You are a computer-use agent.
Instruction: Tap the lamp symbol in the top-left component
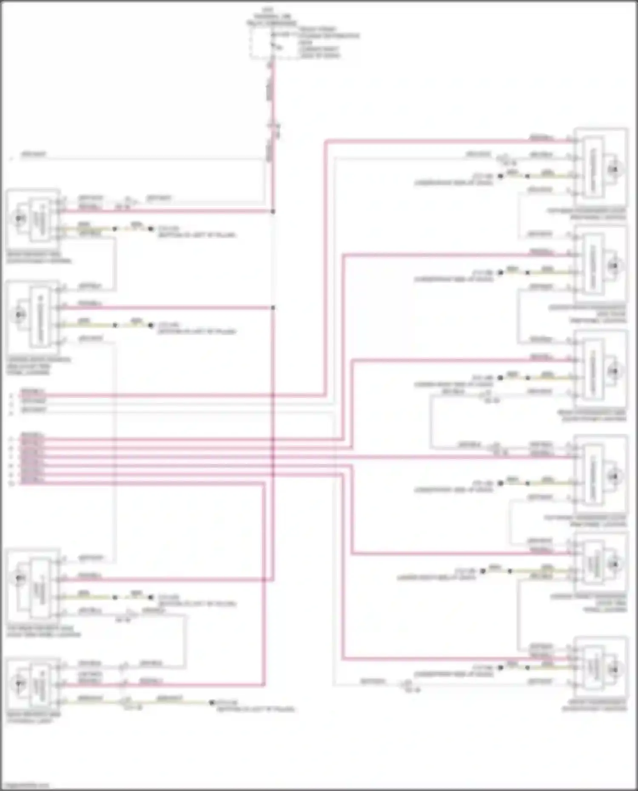tap(19, 218)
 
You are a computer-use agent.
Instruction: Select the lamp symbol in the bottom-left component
tap(19, 683)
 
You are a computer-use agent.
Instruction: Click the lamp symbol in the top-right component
tap(613, 170)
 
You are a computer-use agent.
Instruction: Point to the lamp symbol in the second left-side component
tap(19, 315)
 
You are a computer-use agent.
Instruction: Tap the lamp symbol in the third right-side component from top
tap(613, 371)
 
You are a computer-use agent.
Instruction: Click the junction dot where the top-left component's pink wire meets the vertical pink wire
tap(273, 211)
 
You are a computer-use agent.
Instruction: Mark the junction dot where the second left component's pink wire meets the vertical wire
tap(273, 307)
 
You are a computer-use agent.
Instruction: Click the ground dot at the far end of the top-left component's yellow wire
tap(151, 229)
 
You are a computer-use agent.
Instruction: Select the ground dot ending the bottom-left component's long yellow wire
tap(211, 703)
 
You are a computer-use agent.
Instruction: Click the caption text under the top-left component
tap(39, 258)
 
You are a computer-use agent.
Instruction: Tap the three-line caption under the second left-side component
tap(38, 366)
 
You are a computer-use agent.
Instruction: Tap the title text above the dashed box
tap(272, 16)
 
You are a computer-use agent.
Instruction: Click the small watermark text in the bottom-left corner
tap(25, 785)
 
